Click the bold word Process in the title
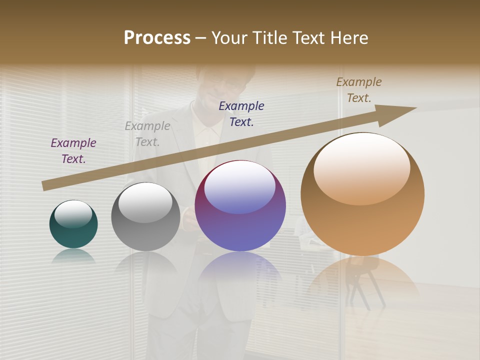(157, 38)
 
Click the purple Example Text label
(73, 151)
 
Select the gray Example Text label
(147, 134)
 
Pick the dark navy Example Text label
(241, 113)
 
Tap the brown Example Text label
(359, 90)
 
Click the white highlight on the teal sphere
(73, 214)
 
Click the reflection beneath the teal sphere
(73, 256)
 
